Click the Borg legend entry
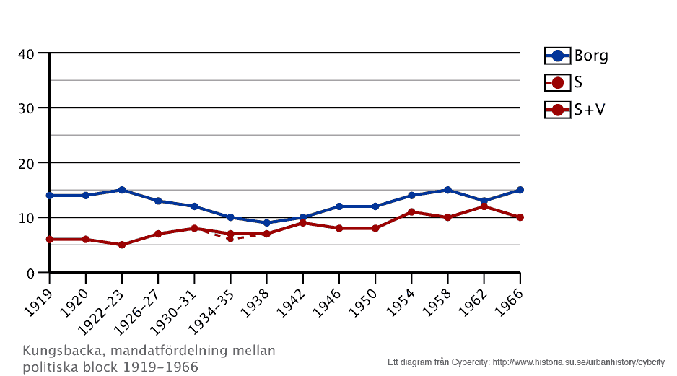[576, 56]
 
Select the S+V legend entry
[574, 110]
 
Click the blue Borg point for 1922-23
[122, 190]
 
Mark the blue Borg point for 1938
[266, 223]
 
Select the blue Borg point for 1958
[447, 190]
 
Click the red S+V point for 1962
[484, 206]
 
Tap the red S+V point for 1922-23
[122, 245]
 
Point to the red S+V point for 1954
[411, 212]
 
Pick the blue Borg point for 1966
[520, 190]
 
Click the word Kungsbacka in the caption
[56, 351]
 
